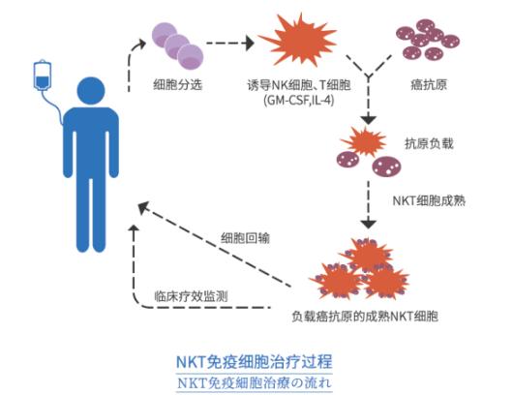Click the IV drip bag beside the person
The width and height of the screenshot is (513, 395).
[42, 76]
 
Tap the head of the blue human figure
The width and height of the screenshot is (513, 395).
[91, 93]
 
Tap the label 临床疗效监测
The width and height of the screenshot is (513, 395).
[191, 297]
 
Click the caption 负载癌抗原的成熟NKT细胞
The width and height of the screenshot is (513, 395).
[357, 316]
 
